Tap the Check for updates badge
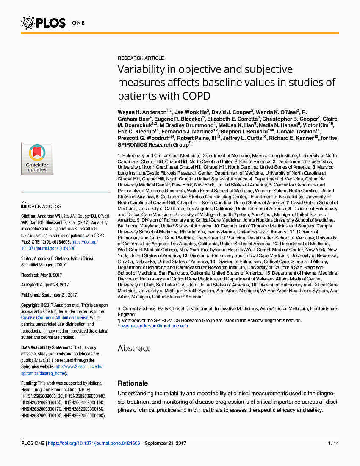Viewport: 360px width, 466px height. (37, 159)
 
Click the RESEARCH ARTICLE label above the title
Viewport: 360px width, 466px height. (141, 58)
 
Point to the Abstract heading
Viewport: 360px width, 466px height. (133, 348)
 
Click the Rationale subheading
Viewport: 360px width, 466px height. (133, 383)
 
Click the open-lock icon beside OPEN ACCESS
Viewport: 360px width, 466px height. (24, 206)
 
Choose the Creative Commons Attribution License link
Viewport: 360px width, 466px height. (55, 318)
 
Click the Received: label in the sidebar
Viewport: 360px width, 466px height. (30, 275)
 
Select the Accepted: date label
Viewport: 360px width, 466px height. (31, 285)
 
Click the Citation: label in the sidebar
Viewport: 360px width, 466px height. (29, 216)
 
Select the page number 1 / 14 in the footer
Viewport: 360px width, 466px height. (333, 444)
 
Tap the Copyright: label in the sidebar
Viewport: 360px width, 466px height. (31, 305)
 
